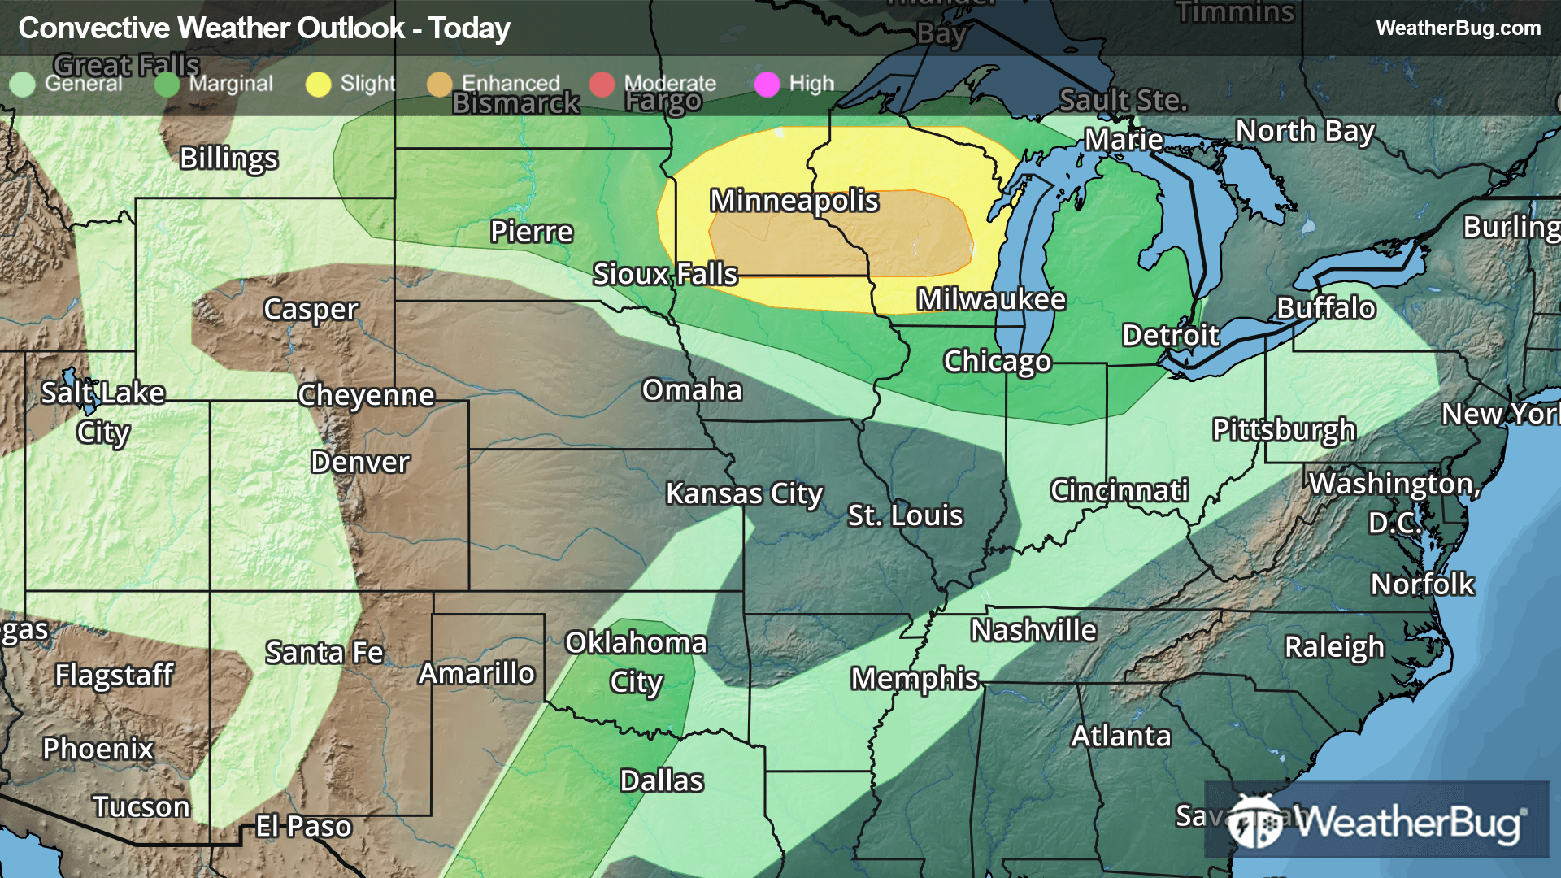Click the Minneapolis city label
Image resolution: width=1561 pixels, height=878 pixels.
click(794, 200)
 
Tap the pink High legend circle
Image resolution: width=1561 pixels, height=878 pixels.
click(767, 84)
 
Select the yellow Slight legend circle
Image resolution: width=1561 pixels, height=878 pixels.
click(318, 84)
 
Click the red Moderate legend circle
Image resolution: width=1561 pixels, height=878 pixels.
click(602, 84)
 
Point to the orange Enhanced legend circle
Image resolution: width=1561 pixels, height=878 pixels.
click(439, 84)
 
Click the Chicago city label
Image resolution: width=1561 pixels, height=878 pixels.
click(997, 361)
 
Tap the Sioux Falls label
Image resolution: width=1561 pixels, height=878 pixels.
click(665, 274)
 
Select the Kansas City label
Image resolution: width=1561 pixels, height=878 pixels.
click(744, 493)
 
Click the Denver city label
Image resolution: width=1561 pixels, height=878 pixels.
click(359, 462)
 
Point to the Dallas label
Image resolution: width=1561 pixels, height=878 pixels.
click(661, 780)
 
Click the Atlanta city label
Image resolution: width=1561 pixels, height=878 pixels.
click(1120, 736)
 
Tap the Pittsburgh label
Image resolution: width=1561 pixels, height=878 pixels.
click(1284, 429)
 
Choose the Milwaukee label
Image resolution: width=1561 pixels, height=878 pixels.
click(991, 299)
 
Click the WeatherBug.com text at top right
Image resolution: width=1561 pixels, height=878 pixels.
click(1458, 28)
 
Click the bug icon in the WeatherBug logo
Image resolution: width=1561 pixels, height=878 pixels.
click(1254, 822)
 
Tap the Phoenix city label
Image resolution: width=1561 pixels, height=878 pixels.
click(98, 749)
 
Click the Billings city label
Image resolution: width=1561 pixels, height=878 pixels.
click(228, 158)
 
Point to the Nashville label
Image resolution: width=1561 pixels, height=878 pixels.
click(1033, 630)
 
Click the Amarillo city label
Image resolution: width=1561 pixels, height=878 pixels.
click(476, 673)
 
